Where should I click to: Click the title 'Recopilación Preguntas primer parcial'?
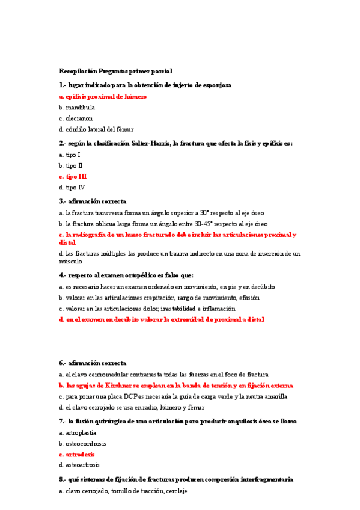point(115,71)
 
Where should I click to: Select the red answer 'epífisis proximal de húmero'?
point(106,96)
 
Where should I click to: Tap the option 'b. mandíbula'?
point(77,107)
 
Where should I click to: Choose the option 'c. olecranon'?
point(76,118)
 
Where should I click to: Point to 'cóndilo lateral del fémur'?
point(100,129)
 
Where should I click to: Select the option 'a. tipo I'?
point(70,155)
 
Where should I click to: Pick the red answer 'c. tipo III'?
point(73,176)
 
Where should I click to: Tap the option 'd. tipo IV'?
point(72,187)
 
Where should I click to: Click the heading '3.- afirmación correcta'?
point(93,201)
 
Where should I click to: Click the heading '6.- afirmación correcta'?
point(93,363)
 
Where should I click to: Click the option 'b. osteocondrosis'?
point(82,443)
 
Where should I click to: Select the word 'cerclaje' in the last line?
point(175,491)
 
